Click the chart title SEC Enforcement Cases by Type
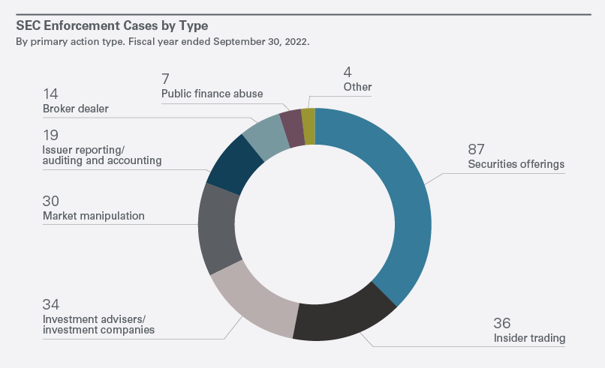(x=112, y=25)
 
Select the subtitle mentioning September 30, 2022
(x=163, y=41)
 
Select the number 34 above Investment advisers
(x=52, y=304)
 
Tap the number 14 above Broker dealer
(x=51, y=94)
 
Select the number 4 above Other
(x=348, y=73)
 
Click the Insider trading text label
(x=528, y=339)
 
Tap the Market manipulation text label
(x=94, y=216)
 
